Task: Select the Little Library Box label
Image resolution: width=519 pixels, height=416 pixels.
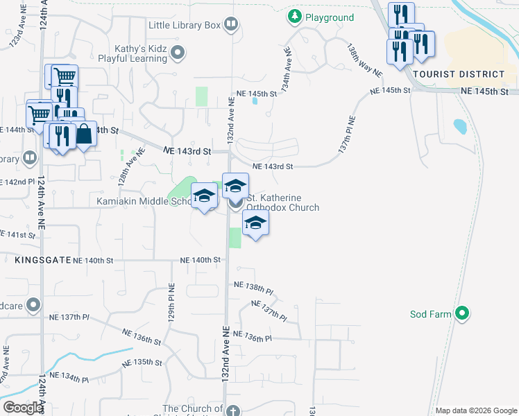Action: coord(184,26)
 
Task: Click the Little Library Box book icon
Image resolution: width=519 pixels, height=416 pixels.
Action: coord(231,26)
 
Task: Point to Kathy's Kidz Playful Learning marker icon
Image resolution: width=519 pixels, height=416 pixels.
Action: coord(179,51)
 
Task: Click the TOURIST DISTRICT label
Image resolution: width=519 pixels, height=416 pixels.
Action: coord(458,74)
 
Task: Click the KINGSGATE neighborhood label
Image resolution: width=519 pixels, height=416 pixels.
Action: coord(40,260)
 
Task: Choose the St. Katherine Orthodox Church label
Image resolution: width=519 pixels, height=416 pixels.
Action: coord(283,202)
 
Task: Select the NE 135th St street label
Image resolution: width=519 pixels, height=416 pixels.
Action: coord(142,363)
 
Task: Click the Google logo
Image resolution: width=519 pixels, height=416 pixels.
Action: coord(23,408)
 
